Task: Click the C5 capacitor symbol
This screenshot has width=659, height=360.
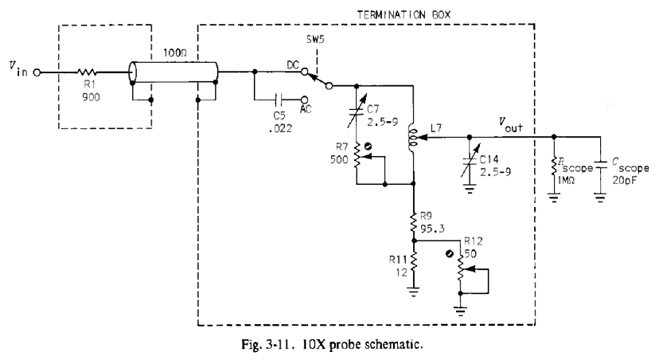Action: pyautogui.click(x=278, y=100)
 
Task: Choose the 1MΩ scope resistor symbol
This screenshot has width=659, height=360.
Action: pyautogui.click(x=554, y=169)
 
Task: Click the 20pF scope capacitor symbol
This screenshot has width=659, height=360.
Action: pyautogui.click(x=599, y=170)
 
